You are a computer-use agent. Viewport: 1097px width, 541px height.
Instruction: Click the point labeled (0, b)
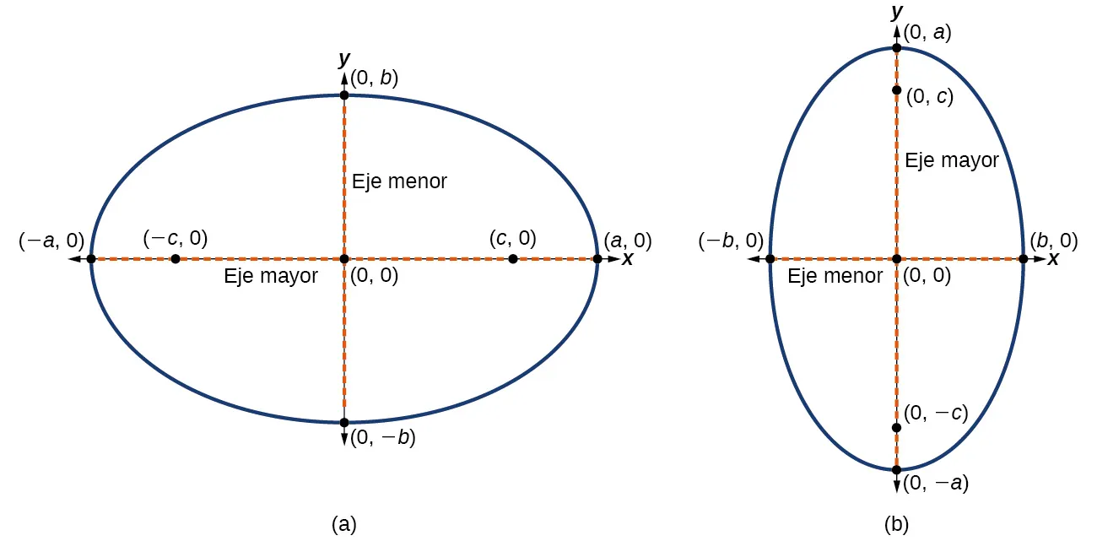click(344, 95)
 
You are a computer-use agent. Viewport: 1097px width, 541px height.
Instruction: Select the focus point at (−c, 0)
click(175, 258)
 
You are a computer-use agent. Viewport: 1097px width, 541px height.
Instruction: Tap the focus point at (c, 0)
click(513, 258)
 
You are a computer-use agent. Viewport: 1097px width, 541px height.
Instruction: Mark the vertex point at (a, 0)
click(597, 258)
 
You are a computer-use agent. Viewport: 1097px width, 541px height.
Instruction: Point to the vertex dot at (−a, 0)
click(91, 258)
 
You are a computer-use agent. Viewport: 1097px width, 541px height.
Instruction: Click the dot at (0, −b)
click(344, 422)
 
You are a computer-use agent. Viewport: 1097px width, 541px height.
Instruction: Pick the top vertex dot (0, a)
click(896, 48)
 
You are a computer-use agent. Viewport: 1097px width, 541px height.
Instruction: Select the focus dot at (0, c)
click(896, 90)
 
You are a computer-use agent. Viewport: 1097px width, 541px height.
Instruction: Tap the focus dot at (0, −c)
click(896, 427)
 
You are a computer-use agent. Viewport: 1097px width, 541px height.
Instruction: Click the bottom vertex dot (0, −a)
click(896, 469)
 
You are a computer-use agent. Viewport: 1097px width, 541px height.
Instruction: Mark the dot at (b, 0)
click(1023, 258)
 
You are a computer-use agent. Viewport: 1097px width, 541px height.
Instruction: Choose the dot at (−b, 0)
click(770, 258)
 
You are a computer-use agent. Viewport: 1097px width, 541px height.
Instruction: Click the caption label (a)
click(344, 524)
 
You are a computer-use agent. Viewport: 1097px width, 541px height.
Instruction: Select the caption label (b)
click(896, 524)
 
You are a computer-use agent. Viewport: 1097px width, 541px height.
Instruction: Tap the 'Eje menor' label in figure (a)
click(399, 181)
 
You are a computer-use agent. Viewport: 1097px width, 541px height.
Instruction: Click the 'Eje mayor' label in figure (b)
click(952, 160)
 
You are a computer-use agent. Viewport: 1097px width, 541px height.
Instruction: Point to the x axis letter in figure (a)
click(627, 259)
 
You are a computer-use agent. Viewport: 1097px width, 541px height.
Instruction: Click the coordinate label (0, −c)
click(935, 414)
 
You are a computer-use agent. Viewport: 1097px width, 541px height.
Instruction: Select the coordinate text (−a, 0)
click(51, 241)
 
